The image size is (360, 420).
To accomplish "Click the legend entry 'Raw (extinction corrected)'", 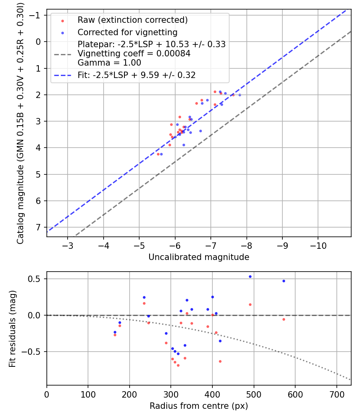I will tap(132, 20).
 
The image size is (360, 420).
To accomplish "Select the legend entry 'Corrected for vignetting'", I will tap(127, 32).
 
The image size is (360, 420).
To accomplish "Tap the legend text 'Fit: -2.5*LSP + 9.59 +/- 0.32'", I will tap(136, 75).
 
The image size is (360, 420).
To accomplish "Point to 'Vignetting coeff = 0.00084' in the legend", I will tap(134, 54).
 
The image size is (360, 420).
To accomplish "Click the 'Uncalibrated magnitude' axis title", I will tap(199, 257).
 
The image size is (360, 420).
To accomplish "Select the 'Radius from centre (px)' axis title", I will tap(199, 406).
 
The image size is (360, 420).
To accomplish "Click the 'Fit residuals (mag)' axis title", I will tap(12, 328).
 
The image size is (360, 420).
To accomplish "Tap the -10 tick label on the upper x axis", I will tap(318, 245).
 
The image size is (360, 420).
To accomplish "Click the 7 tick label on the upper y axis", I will tap(38, 227).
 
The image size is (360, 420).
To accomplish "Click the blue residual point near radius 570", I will tap(284, 281).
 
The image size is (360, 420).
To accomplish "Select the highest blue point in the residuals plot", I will tap(250, 276).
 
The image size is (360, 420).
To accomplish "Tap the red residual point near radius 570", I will tap(284, 319).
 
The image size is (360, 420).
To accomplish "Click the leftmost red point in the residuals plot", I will tap(115, 335).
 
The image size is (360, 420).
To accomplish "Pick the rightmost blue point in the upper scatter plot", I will tap(240, 95).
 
